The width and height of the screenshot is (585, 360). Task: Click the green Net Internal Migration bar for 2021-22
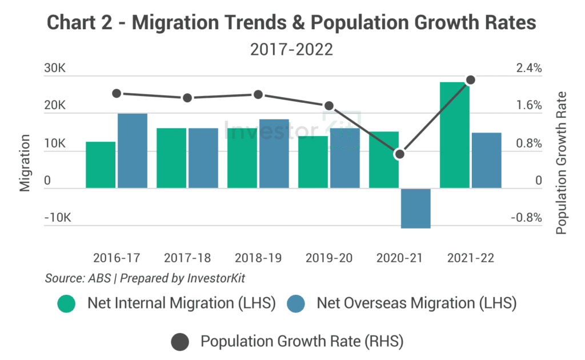pyautogui.click(x=455, y=135)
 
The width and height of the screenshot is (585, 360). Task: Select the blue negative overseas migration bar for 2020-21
pyautogui.click(x=415, y=208)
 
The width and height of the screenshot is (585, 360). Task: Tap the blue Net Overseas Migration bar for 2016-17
pyautogui.click(x=133, y=151)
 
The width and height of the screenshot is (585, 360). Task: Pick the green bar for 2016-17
pyautogui.click(x=101, y=165)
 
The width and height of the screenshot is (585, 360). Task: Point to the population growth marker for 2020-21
pyautogui.click(x=400, y=154)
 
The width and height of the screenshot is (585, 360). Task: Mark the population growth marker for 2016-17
pyautogui.click(x=117, y=93)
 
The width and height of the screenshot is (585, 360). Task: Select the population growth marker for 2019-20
pyautogui.click(x=329, y=106)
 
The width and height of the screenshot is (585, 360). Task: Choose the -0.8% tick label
pyautogui.click(x=525, y=218)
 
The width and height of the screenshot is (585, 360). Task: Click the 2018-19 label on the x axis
pyautogui.click(x=258, y=258)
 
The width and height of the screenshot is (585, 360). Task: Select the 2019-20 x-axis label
pyautogui.click(x=329, y=258)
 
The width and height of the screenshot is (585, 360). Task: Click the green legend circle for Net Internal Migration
pyautogui.click(x=66, y=304)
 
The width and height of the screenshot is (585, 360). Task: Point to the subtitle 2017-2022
pyautogui.click(x=291, y=50)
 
